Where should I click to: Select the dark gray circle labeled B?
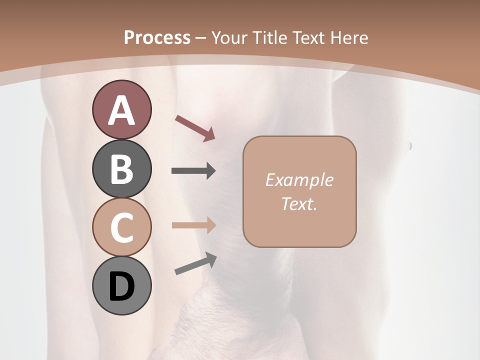(x=121, y=169)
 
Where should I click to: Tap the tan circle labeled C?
(x=121, y=227)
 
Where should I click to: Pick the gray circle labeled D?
(x=121, y=286)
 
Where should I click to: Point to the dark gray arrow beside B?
(x=193, y=171)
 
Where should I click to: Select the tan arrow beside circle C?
(x=193, y=225)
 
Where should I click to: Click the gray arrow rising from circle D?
(x=195, y=264)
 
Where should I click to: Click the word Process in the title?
(x=157, y=37)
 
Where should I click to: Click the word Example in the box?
(x=299, y=180)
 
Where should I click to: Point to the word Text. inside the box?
(x=299, y=203)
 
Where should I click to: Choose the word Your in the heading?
(x=229, y=37)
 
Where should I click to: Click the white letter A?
(x=121, y=110)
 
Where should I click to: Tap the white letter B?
(x=121, y=169)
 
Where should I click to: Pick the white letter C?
(x=121, y=227)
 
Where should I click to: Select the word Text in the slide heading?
(x=305, y=37)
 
